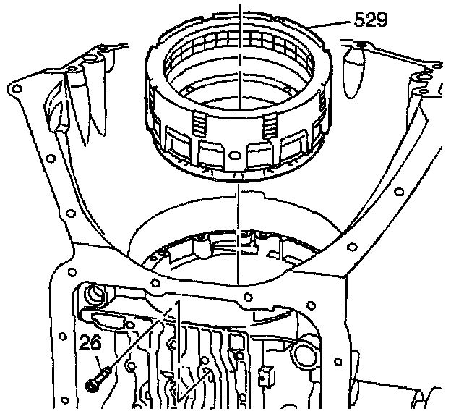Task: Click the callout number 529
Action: point(371,20)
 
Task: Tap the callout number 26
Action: point(90,342)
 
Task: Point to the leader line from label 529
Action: point(332,24)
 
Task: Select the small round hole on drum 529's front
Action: point(234,155)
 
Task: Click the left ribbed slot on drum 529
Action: point(200,124)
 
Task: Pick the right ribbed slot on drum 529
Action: point(270,125)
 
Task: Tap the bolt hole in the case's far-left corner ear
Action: point(17,88)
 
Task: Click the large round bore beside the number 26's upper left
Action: point(95,294)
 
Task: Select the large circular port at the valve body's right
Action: point(304,353)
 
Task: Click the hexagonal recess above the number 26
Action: point(108,318)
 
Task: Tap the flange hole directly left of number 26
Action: point(62,337)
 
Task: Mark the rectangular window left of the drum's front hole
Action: point(210,154)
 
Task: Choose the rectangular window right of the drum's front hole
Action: point(259,156)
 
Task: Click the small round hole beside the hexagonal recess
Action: point(129,325)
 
